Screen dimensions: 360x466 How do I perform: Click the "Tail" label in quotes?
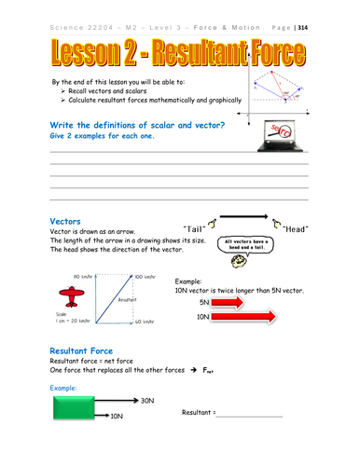187,225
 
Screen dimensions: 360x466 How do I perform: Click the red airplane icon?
69,296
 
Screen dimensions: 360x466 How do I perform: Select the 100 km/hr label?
145,277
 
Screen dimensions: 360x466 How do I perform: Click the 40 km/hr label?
145,322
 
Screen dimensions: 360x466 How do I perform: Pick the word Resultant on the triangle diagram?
129,301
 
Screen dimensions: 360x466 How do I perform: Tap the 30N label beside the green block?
148,400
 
